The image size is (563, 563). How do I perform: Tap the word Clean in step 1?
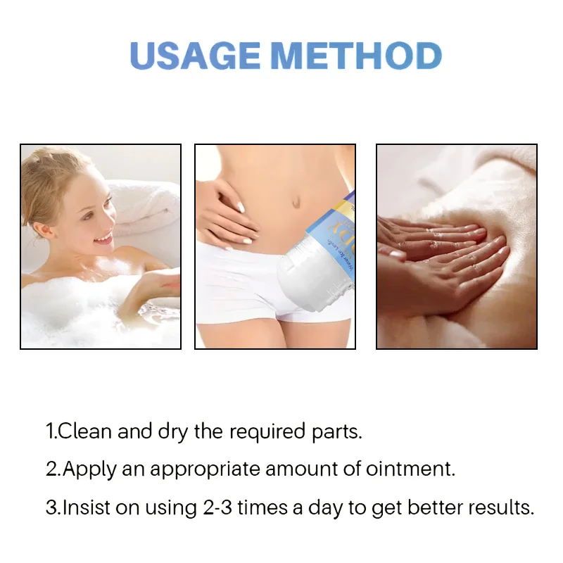(85, 431)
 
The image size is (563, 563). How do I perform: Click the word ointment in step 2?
(410, 469)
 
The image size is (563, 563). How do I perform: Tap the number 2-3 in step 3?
(213, 507)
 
